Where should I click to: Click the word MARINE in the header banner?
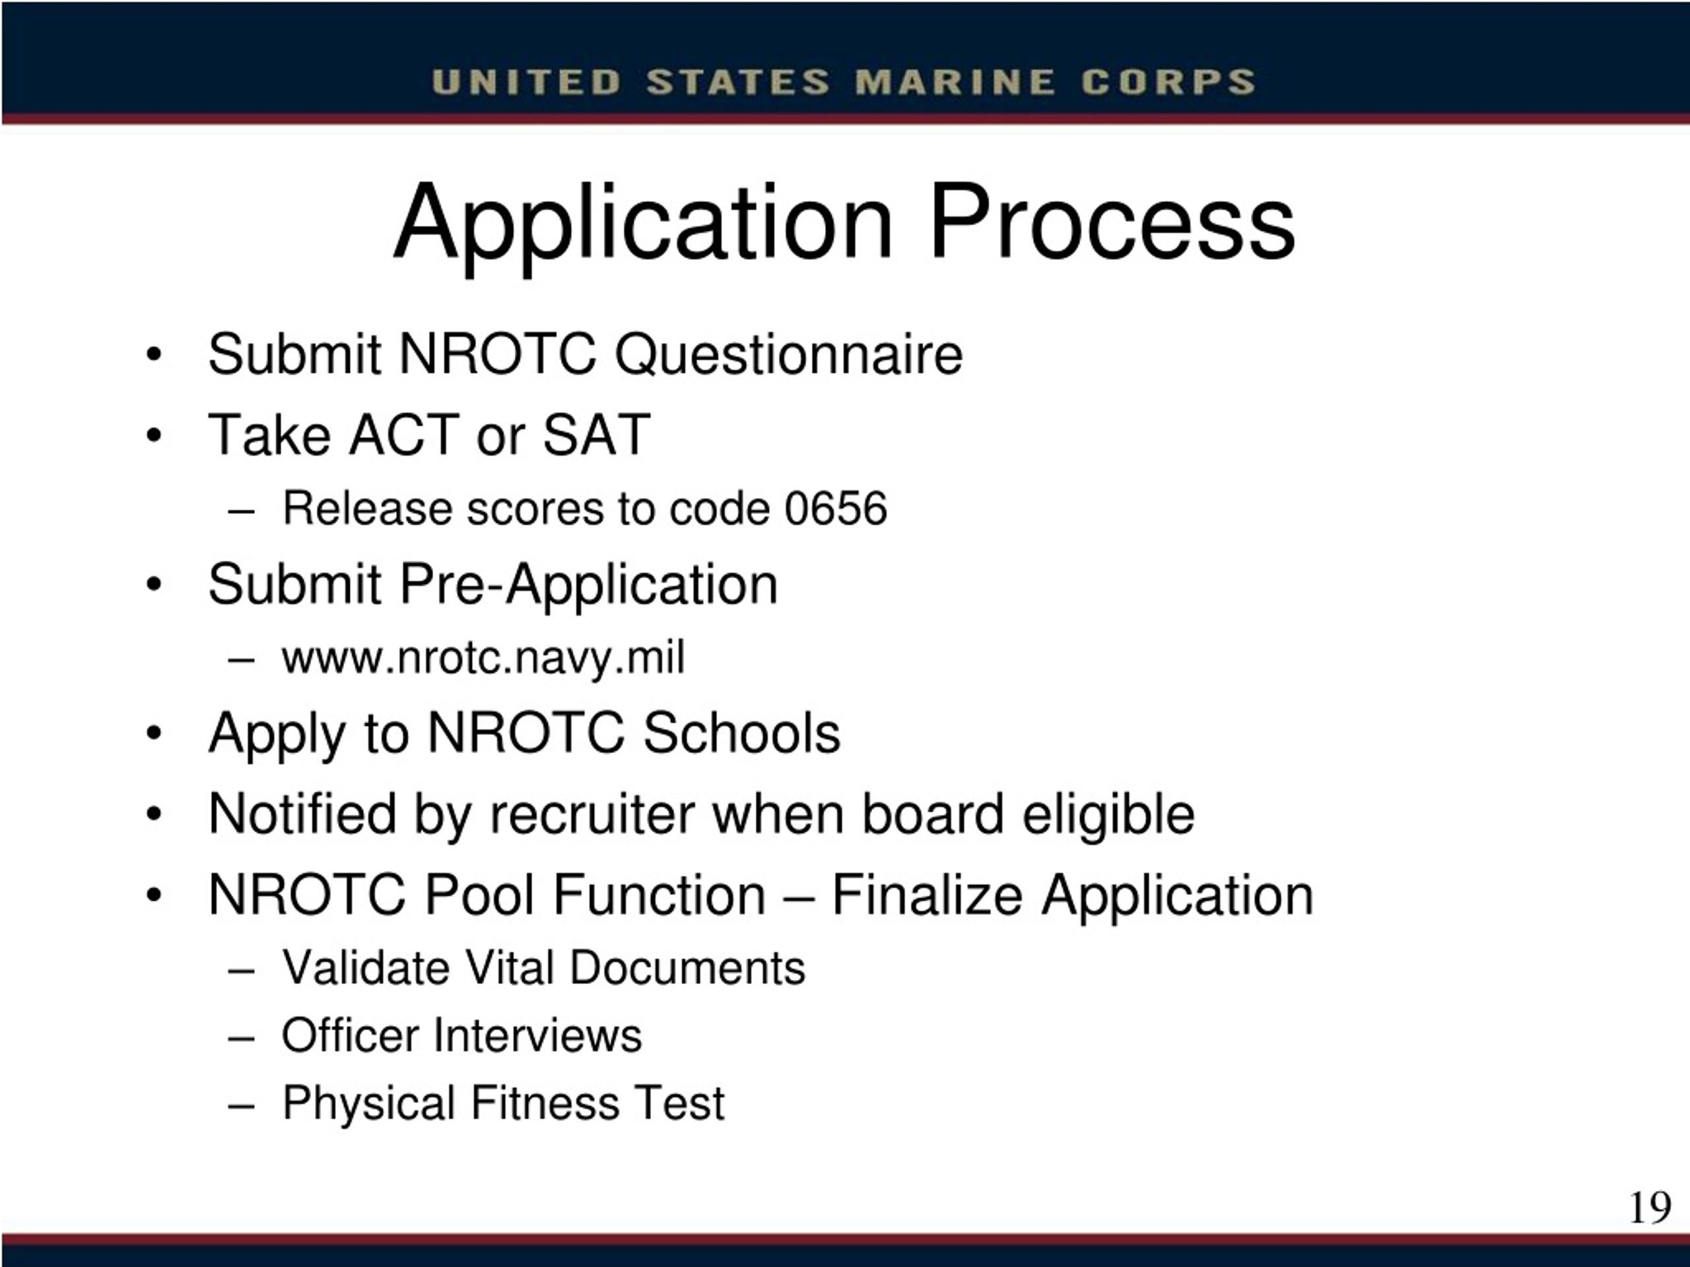coord(955,82)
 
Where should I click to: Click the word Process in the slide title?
coord(1112,223)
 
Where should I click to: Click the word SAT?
coord(596,436)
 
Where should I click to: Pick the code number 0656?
coord(836,509)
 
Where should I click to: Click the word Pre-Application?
coord(588,585)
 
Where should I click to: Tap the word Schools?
coord(741,733)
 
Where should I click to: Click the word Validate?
coord(364,968)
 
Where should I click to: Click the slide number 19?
coord(1650,1208)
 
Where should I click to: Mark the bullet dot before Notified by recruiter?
coord(154,815)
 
